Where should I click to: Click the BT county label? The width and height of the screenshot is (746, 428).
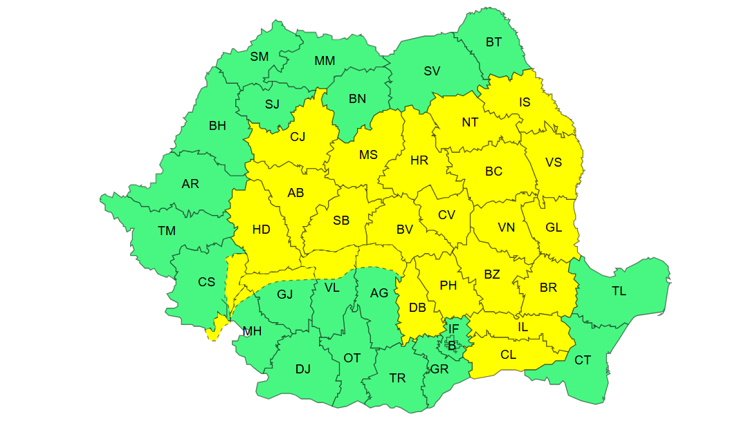click(493, 42)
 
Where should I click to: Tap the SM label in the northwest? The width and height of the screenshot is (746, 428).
click(260, 57)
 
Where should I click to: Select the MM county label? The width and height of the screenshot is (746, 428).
click(325, 61)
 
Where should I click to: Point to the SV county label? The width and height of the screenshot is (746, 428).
click(432, 71)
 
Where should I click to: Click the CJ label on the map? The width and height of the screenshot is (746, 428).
click(298, 137)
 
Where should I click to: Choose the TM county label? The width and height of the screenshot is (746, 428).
click(167, 231)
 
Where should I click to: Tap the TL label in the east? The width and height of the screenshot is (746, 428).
click(619, 291)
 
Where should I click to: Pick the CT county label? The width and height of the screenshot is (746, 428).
click(583, 360)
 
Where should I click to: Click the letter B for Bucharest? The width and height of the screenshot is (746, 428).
click(452, 346)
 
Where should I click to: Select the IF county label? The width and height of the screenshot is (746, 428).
click(453, 329)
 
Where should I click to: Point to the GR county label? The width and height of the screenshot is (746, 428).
click(439, 369)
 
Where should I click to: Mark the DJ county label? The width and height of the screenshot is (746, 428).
click(303, 369)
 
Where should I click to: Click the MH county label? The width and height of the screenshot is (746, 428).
click(252, 331)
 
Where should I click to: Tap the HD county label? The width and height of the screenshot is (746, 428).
click(261, 230)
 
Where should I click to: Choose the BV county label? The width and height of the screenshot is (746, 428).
click(405, 230)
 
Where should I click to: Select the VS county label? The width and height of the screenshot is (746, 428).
click(554, 162)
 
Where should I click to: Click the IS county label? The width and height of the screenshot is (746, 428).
click(525, 102)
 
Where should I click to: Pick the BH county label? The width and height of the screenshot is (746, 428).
click(217, 126)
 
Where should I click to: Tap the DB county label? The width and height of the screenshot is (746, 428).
click(417, 308)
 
